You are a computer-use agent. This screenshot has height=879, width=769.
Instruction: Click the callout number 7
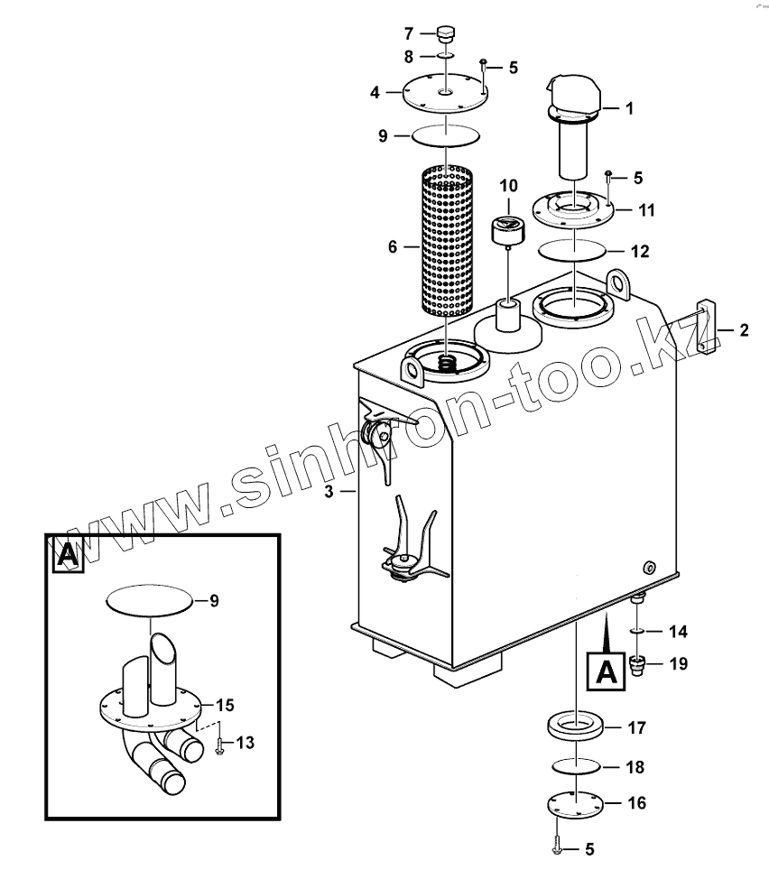tap(408, 34)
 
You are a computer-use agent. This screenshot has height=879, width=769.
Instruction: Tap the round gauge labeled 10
tap(507, 229)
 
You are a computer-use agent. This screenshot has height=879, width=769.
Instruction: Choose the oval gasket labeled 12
tap(571, 249)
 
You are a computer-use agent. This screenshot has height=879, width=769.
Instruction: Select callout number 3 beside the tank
tap(329, 491)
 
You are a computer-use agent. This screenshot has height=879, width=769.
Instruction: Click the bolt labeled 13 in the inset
tap(220, 745)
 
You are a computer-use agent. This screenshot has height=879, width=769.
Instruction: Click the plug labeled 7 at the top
tap(444, 34)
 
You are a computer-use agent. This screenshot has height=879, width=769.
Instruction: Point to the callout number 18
tap(635, 767)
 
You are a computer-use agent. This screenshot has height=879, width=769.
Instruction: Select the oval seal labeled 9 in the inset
tap(150, 599)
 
